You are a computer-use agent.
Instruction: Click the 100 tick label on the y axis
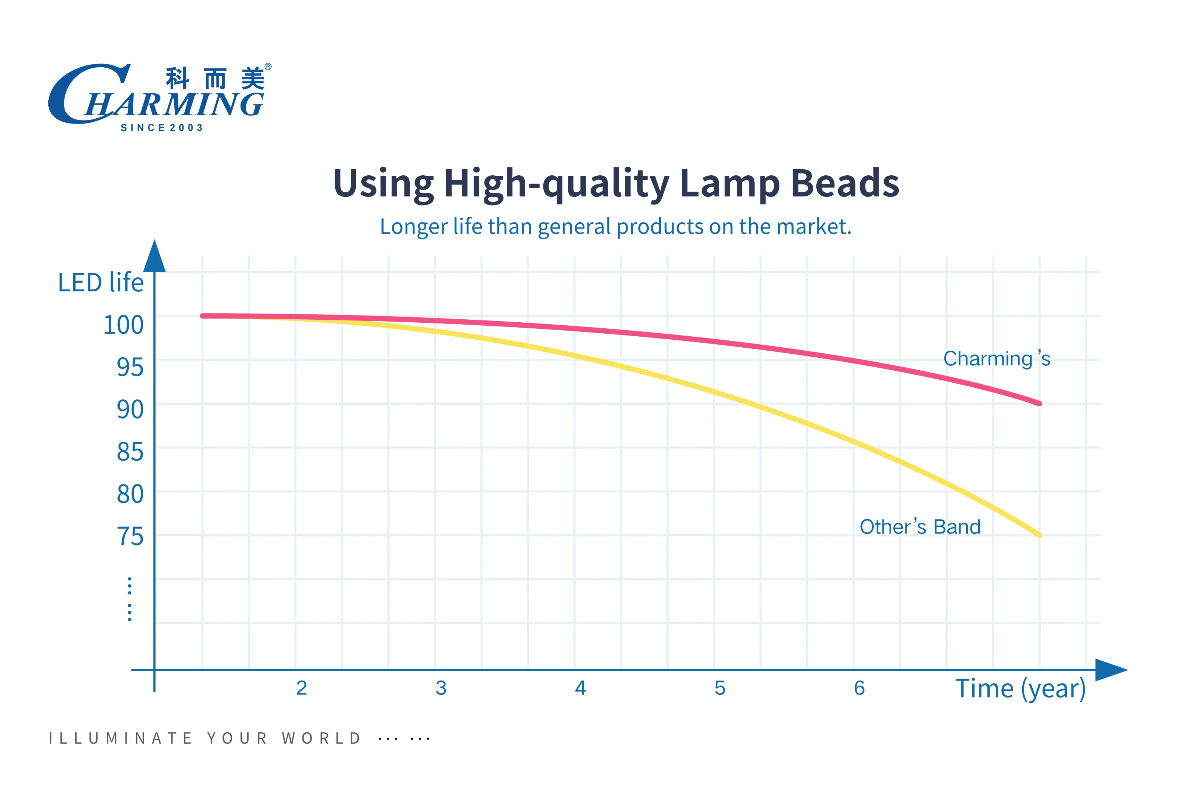[x=123, y=325]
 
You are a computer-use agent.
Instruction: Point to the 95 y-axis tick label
[x=130, y=367]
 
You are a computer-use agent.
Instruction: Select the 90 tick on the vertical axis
[x=130, y=410]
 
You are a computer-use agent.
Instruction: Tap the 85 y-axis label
[x=130, y=452]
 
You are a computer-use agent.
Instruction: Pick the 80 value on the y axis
[x=130, y=495]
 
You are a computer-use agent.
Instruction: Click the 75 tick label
[x=130, y=537]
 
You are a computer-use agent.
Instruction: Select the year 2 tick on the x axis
[x=301, y=688]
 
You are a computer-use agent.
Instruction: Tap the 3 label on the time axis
[x=441, y=688]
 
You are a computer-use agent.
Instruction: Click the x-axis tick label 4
[x=580, y=688]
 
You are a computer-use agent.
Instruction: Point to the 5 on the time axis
[x=720, y=688]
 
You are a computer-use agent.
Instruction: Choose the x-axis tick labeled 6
[x=859, y=688]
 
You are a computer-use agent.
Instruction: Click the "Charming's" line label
[x=997, y=359]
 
